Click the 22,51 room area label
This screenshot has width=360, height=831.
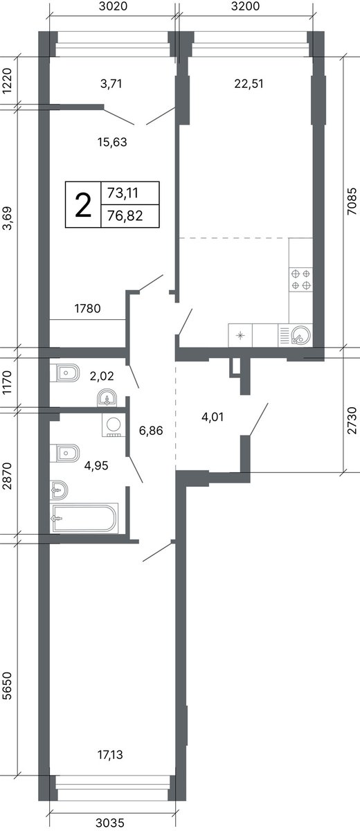click(249, 84)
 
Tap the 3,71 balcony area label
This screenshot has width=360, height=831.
click(111, 84)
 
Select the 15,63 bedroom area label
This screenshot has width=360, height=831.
click(112, 142)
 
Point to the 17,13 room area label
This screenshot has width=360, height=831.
click(110, 754)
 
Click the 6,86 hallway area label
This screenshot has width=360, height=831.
click(151, 430)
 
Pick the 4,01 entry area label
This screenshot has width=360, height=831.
click(213, 417)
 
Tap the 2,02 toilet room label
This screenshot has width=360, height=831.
click(102, 376)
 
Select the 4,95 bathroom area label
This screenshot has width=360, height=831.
click(96, 465)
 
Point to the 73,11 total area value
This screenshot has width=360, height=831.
click(123, 193)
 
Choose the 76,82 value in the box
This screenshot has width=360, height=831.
click(125, 215)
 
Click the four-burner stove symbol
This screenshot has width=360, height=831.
click(300, 279)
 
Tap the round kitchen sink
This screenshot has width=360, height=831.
click(300, 335)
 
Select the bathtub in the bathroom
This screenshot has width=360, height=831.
click(85, 519)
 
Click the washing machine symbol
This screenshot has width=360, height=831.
click(114, 425)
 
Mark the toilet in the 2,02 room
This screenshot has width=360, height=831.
click(65, 373)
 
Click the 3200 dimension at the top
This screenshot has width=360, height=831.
click(245, 6)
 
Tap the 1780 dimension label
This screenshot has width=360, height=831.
click(87, 308)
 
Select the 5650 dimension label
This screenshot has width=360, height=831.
click(7, 686)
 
